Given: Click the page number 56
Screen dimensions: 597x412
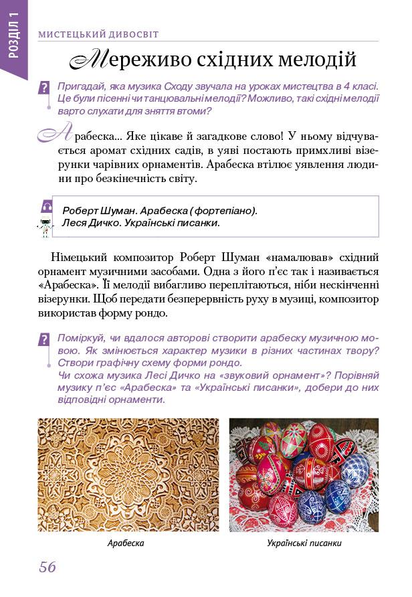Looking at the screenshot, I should (47, 568).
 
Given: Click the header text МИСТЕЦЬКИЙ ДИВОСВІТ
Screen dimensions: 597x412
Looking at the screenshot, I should (98, 33).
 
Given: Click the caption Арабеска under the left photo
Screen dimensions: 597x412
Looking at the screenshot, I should (126, 543).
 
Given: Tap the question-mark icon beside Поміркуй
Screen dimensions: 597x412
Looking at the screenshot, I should (45, 339).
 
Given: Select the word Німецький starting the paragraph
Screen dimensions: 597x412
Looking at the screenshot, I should (75, 258).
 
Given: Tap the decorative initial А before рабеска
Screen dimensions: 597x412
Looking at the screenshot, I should (55, 136).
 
